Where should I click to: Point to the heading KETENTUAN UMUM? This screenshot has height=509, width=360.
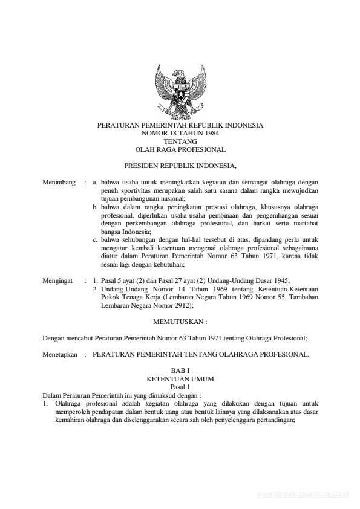(180, 379)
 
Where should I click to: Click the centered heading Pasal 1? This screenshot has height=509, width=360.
(180, 386)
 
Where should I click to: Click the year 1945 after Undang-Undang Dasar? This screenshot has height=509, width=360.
(281, 281)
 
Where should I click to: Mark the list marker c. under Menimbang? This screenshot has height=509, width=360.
(96, 240)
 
